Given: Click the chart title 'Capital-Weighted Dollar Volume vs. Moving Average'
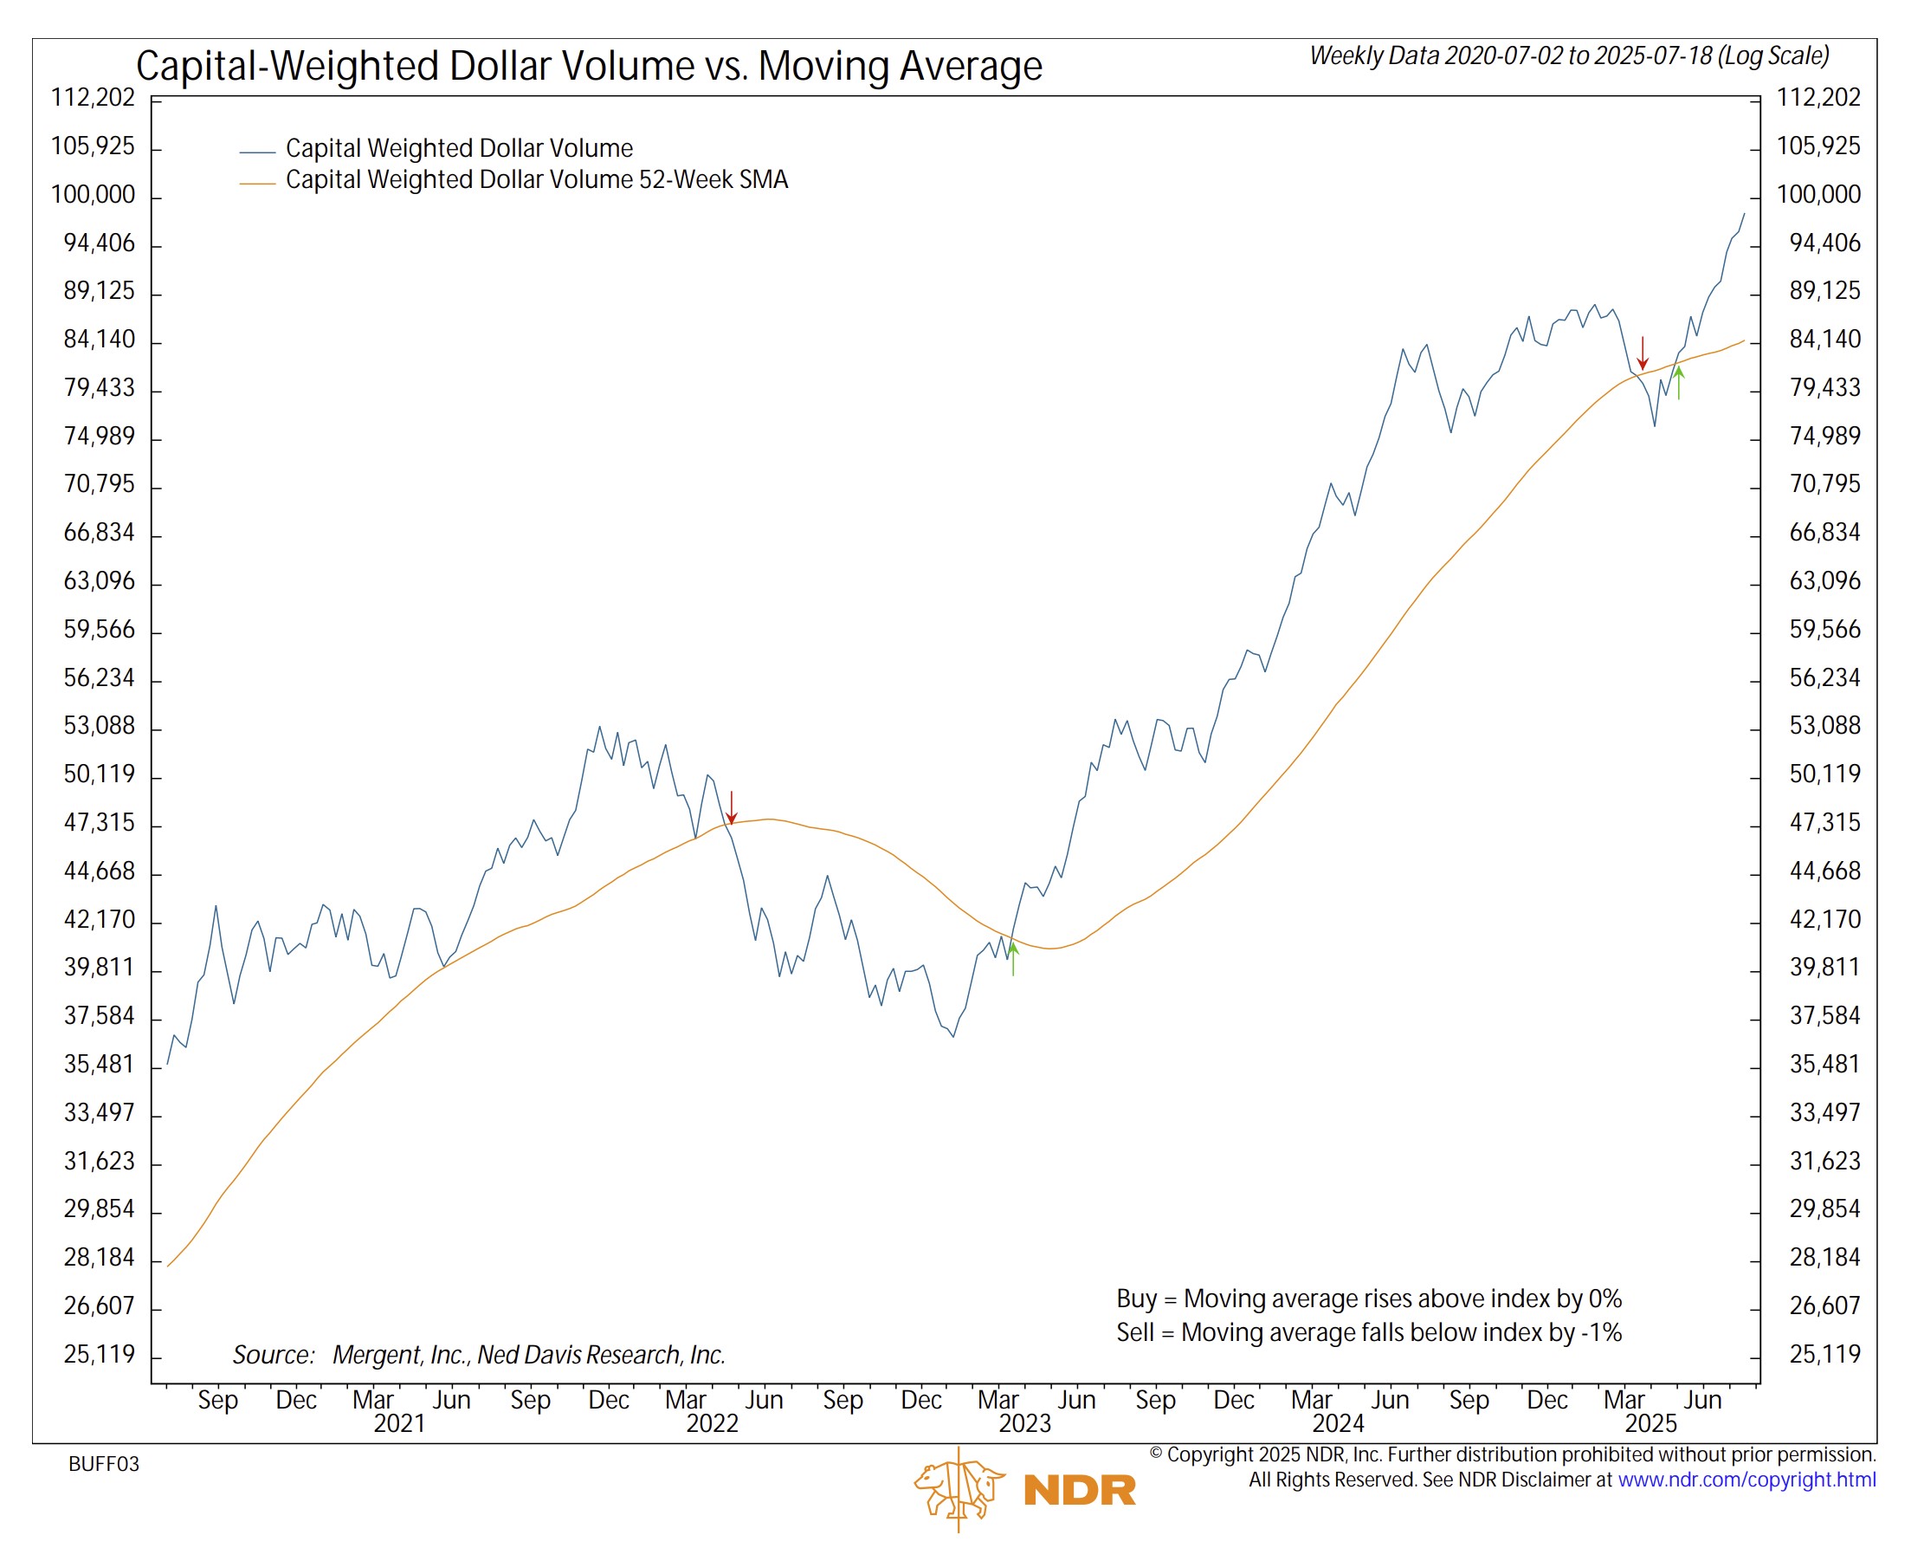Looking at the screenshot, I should tap(589, 66).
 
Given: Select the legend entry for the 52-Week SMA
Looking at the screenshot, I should tap(536, 180).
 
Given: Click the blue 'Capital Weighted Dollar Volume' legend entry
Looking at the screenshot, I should tap(459, 149).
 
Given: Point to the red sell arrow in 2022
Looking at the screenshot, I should tap(732, 808).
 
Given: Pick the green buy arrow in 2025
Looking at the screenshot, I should tap(1680, 383).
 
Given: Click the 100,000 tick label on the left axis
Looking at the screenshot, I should tap(93, 196).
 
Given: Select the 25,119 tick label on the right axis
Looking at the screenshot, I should tap(1826, 1355).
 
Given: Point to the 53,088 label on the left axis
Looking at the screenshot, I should tap(98, 726).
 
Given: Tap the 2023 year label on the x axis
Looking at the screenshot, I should tap(1025, 1424).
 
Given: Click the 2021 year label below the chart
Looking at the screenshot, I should tap(400, 1424).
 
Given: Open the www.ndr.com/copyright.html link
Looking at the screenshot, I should tap(1747, 1480).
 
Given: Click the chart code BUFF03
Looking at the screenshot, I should tap(105, 1465).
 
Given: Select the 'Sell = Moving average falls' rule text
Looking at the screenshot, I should tap(1369, 1334).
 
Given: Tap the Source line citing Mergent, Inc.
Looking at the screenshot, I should tap(479, 1356).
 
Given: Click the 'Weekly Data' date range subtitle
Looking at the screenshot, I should tap(1570, 56).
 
